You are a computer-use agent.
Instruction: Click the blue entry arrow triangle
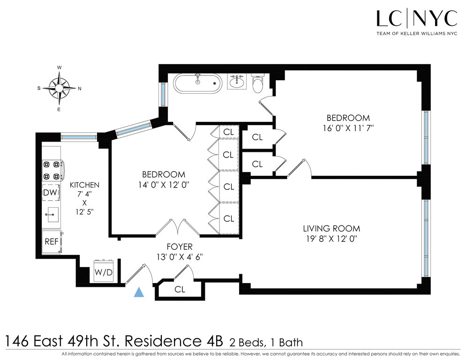click(x=139, y=292)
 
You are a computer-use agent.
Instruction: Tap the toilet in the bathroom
click(x=257, y=83)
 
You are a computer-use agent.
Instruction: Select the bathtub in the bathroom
click(x=198, y=83)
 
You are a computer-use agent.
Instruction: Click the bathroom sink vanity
click(x=237, y=81)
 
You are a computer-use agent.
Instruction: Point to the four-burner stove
click(x=53, y=170)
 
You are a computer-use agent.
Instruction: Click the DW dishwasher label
click(x=50, y=193)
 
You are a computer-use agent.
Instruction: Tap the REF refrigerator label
click(x=52, y=242)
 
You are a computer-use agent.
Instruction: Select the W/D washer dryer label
click(x=104, y=272)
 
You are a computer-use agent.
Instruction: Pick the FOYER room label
click(x=180, y=247)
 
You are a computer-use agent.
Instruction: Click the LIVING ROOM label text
click(x=331, y=229)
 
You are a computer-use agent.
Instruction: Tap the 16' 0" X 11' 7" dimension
click(x=348, y=128)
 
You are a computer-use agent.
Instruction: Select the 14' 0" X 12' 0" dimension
click(x=164, y=185)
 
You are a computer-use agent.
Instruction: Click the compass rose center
click(x=60, y=88)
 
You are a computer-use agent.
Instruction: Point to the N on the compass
click(x=79, y=88)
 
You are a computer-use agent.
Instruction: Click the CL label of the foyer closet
click(x=180, y=289)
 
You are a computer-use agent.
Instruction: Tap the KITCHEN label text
click(x=84, y=185)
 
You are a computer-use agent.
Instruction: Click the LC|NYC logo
click(x=417, y=22)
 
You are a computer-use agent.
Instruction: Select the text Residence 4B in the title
click(x=174, y=341)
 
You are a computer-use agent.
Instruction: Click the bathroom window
click(x=163, y=94)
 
